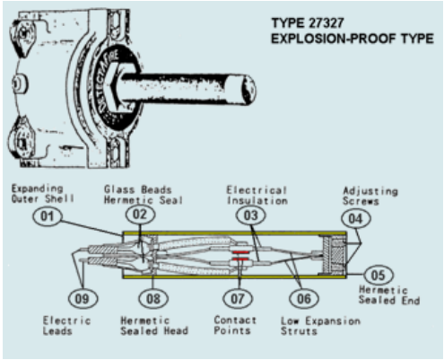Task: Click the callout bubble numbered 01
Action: tap(48, 216)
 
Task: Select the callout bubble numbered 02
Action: tap(140, 215)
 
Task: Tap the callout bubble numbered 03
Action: tap(250, 215)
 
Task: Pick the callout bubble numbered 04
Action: tap(356, 219)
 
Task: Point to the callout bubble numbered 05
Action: tap(379, 275)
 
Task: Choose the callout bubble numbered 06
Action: tap(304, 298)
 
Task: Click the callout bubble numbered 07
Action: tap(238, 298)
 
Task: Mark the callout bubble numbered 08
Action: tap(153, 298)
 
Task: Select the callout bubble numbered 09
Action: tap(83, 298)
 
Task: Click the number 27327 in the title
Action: tap(326, 23)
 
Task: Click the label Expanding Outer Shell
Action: tap(42, 194)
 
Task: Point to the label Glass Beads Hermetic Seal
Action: tap(144, 195)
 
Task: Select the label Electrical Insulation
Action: tap(257, 195)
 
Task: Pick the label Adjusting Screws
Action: tap(370, 196)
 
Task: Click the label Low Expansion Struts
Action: tap(320, 326)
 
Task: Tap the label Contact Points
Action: tap(235, 325)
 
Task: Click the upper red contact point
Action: tap(240, 252)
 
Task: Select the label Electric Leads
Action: tap(66, 326)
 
